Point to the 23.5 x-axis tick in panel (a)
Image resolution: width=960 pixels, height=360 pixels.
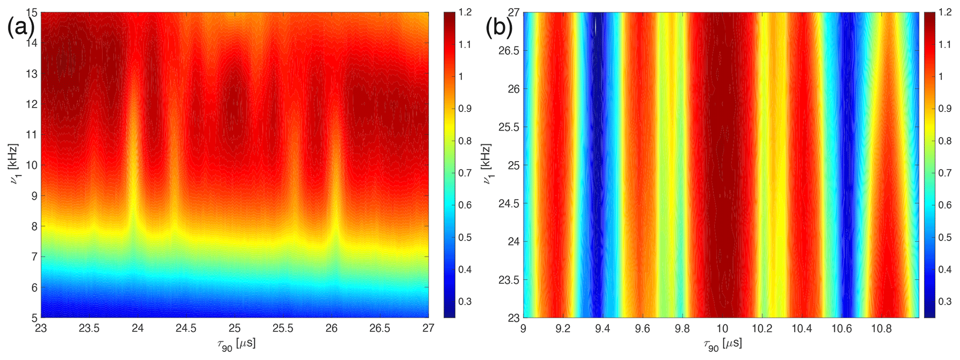point(89,329)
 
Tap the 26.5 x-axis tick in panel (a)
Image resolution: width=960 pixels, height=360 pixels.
point(380,329)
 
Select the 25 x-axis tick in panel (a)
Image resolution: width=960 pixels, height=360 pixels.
point(235,329)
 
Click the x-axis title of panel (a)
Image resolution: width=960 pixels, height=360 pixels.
point(235,344)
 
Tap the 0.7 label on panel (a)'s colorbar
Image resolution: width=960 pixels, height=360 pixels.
point(465,173)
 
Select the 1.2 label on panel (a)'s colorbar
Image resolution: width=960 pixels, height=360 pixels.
point(465,13)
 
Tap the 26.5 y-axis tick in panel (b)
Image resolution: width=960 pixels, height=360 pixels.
point(509,51)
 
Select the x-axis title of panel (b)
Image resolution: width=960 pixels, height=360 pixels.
point(721,344)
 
